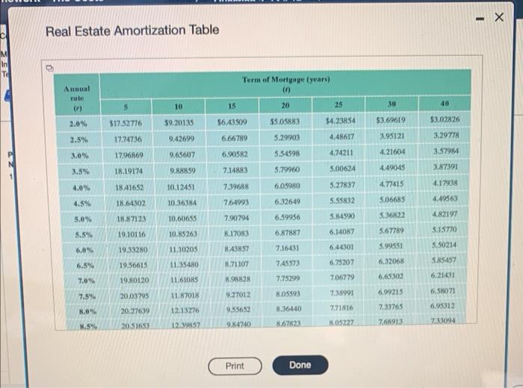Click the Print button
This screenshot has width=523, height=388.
234,366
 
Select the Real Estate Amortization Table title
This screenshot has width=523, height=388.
132,30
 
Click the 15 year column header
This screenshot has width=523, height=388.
232,106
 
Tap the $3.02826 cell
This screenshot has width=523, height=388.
446,120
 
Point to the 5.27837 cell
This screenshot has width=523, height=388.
341,184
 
